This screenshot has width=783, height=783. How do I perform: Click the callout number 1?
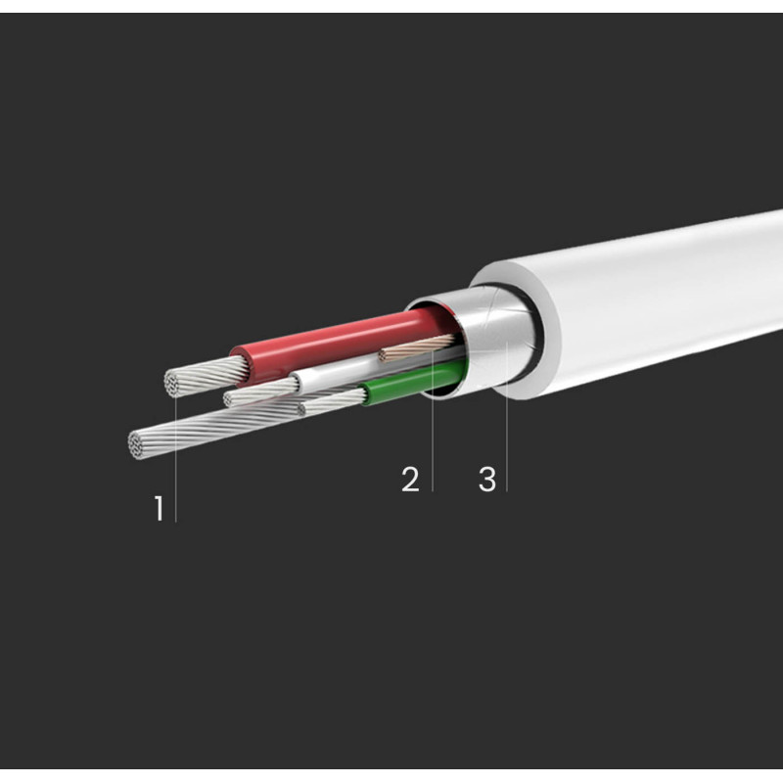click(159, 508)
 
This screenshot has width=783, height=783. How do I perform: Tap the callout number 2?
click(410, 480)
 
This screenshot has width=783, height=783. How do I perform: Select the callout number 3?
click(487, 480)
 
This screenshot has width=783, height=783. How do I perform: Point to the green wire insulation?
click(414, 381)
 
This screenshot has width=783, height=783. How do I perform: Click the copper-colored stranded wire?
click(417, 347)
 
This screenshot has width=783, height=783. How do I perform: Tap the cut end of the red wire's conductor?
click(173, 384)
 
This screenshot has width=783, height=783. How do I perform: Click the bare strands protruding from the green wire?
click(333, 402)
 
